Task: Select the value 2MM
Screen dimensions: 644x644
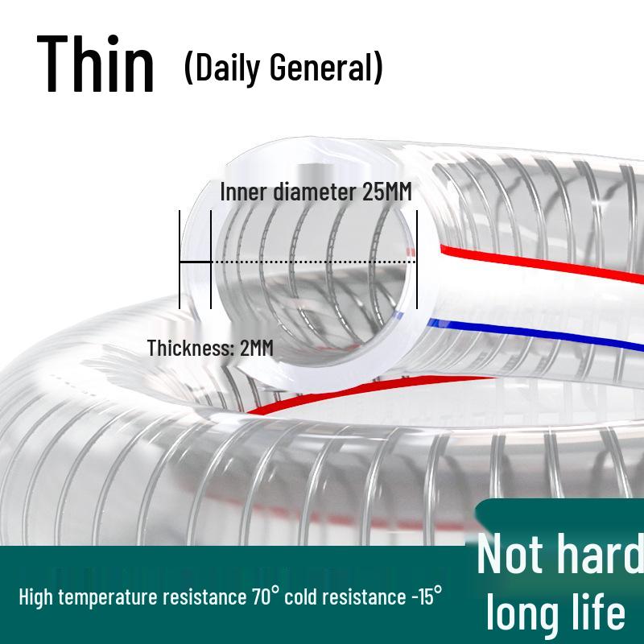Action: [x=257, y=348]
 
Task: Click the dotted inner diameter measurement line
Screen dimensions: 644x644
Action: [x=314, y=262]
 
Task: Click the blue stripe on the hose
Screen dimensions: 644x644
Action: [x=547, y=338]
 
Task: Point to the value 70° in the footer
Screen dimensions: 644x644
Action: [x=265, y=597]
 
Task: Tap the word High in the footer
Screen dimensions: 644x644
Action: [x=36, y=597]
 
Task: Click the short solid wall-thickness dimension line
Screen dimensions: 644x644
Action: [x=195, y=262]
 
